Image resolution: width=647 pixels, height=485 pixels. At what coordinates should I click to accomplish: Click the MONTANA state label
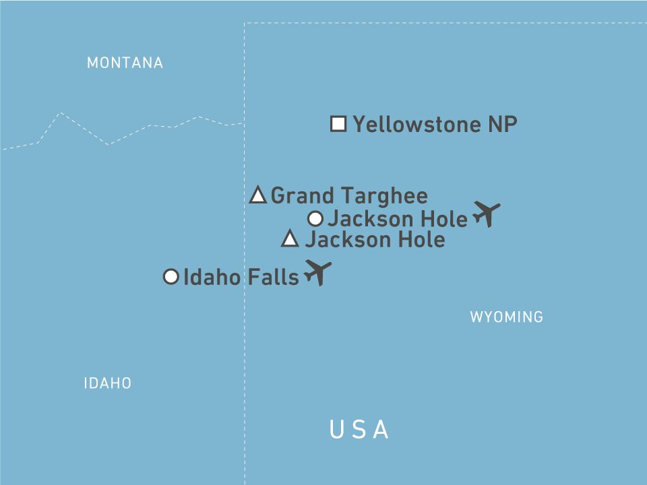[125, 63]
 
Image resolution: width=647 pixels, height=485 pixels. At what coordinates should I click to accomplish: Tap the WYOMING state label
[506, 317]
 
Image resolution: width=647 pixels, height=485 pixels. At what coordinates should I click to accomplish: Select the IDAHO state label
[107, 383]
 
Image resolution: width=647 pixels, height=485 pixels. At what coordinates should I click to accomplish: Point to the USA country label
[359, 429]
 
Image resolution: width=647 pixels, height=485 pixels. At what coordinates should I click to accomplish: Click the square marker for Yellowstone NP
[338, 124]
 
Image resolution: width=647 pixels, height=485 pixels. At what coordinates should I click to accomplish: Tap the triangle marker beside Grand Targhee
[257, 196]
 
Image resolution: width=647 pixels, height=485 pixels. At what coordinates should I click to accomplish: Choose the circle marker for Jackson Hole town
[315, 218]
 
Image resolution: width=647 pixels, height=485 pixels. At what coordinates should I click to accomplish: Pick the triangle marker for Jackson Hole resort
[290, 238]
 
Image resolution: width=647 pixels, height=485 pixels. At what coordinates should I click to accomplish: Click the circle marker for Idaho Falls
[171, 277]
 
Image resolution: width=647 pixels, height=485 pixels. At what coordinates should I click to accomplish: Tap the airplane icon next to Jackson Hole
[487, 213]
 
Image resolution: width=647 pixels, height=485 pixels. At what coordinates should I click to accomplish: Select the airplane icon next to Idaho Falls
[317, 272]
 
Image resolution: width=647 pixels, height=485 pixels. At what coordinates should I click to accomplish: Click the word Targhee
[387, 196]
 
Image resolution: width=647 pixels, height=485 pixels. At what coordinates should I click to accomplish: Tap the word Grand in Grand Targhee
[302, 196]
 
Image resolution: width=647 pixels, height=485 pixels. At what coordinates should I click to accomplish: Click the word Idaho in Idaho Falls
[211, 277]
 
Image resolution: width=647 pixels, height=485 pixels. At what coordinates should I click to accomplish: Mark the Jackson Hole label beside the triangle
[375, 239]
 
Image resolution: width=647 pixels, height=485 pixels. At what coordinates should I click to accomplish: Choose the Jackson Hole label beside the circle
[397, 219]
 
